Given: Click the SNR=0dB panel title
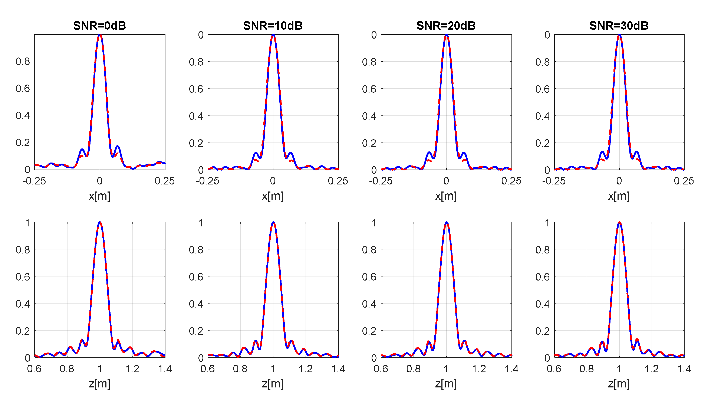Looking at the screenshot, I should tap(100, 26).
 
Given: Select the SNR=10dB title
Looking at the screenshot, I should tap(273, 26).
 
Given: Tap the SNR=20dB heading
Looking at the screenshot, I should tap(446, 26).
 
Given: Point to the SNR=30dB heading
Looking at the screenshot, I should tap(619, 26).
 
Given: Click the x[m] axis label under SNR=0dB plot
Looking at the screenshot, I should tap(100, 196).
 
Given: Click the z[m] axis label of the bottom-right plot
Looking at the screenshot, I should tap(619, 384).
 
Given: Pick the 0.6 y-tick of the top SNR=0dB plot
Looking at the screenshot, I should tap(23, 89).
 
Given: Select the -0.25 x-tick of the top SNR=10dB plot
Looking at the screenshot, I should tap(207, 181).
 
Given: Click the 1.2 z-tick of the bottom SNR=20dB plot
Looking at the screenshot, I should tap(479, 369).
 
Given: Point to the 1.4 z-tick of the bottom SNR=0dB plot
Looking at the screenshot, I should tap(165, 369).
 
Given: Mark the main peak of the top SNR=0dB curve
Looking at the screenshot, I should tap(100, 35).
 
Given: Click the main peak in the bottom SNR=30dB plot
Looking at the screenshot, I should tap(619, 223).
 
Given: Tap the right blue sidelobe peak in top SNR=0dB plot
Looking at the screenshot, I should tap(118, 146).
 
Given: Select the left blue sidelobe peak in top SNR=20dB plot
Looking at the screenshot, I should tap(429, 153).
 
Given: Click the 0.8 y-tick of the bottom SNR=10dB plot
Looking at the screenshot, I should tap(196, 250).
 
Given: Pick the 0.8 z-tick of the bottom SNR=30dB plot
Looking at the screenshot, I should tap(586, 369).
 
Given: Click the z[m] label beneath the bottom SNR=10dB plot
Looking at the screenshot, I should tap(273, 384).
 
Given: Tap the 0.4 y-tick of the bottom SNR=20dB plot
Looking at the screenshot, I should tap(369, 304).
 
